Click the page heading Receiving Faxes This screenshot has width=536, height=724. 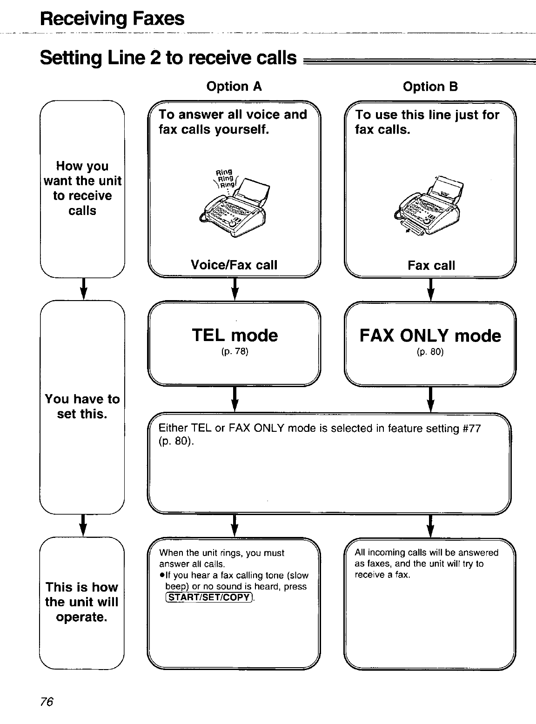tap(112, 19)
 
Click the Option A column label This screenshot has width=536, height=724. tap(234, 87)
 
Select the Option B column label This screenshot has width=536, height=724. tap(430, 87)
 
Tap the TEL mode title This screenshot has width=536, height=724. tap(234, 335)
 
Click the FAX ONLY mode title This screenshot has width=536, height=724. tap(430, 335)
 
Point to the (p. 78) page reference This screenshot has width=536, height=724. tap(234, 352)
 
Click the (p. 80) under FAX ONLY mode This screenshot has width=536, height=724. tap(430, 352)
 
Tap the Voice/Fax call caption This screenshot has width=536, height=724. tap(234, 265)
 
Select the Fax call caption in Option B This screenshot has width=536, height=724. tap(431, 266)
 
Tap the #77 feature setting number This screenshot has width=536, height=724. tap(472, 428)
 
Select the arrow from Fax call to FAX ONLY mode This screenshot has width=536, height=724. tap(430, 289)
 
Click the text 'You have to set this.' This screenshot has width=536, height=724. tap(82, 406)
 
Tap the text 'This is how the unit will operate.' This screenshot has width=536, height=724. tap(82, 602)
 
